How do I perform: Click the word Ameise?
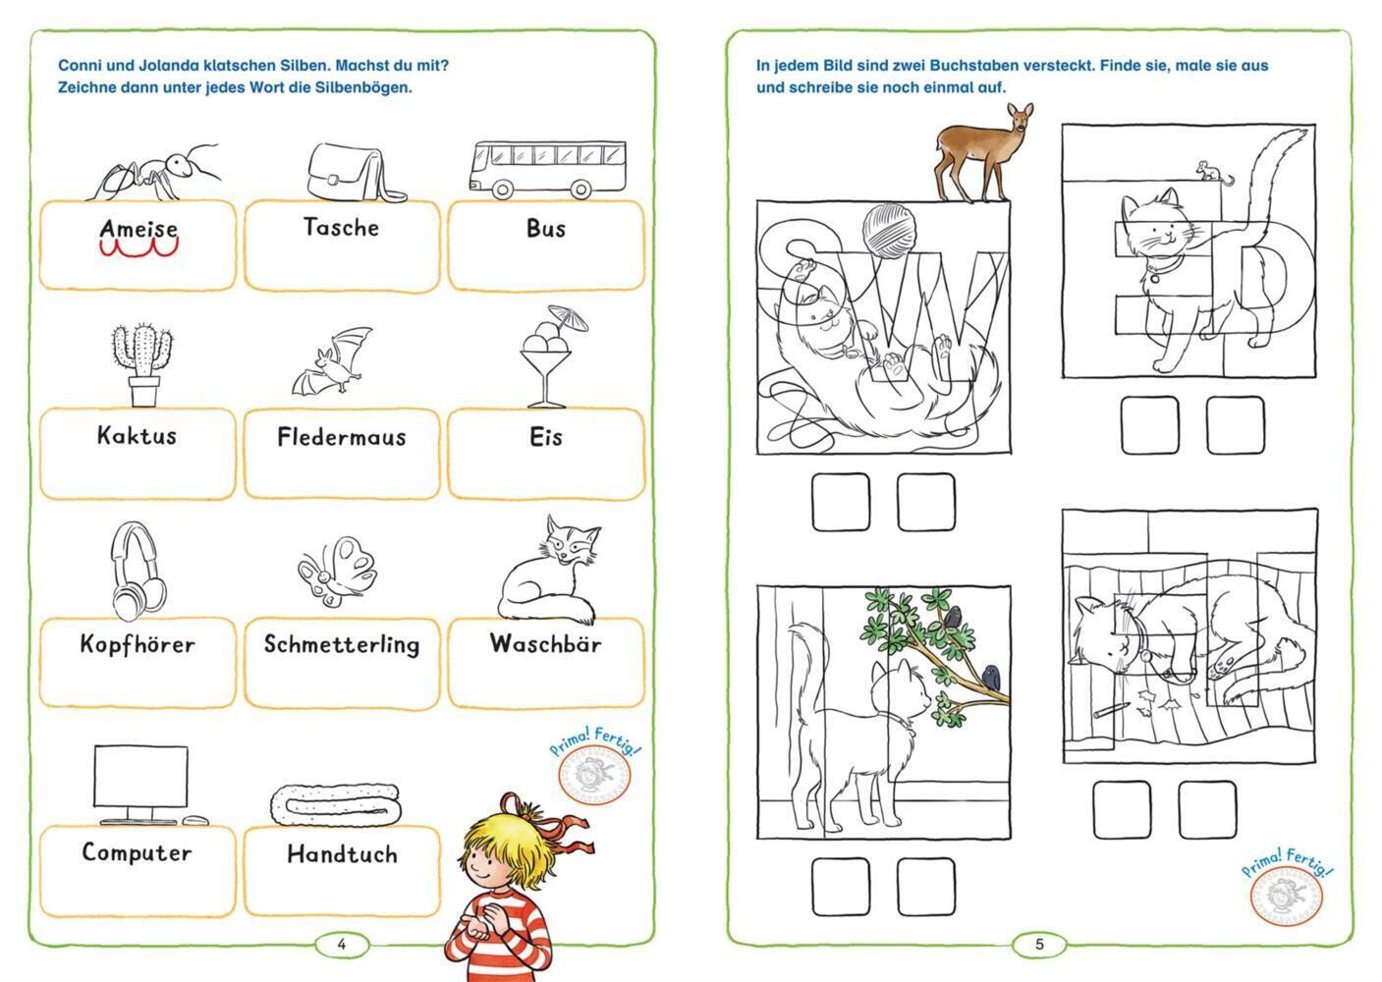point(138,229)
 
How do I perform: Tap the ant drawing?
point(155,173)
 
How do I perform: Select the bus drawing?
point(548,169)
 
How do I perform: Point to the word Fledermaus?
point(341,437)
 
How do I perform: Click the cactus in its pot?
point(143,364)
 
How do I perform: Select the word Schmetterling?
point(342,645)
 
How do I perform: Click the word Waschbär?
point(545,644)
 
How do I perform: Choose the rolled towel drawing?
point(336,804)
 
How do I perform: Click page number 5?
point(1039,945)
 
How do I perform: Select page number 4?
point(341,945)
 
